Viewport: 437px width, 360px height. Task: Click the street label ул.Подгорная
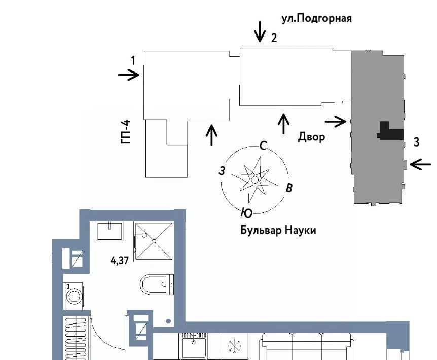point(316,18)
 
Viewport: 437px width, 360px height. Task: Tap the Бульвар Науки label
point(278,230)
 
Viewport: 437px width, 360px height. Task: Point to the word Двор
point(311,137)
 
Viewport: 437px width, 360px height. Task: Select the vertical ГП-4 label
point(126,132)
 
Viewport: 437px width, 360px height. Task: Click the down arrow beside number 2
point(260,32)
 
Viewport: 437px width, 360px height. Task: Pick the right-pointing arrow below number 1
point(128,75)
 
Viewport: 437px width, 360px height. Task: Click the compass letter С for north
point(263,145)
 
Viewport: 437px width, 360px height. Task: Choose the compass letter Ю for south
point(247,212)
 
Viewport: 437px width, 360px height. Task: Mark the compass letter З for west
point(222,171)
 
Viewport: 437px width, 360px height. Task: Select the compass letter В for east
point(289,188)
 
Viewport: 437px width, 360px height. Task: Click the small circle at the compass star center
point(254,179)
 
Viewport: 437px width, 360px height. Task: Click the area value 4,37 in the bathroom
point(120,261)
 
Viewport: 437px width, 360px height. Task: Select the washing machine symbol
point(74,296)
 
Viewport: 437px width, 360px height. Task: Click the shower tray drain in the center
point(154,241)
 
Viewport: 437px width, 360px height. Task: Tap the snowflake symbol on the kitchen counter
point(234,346)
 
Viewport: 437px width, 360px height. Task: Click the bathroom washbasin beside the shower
point(110,231)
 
